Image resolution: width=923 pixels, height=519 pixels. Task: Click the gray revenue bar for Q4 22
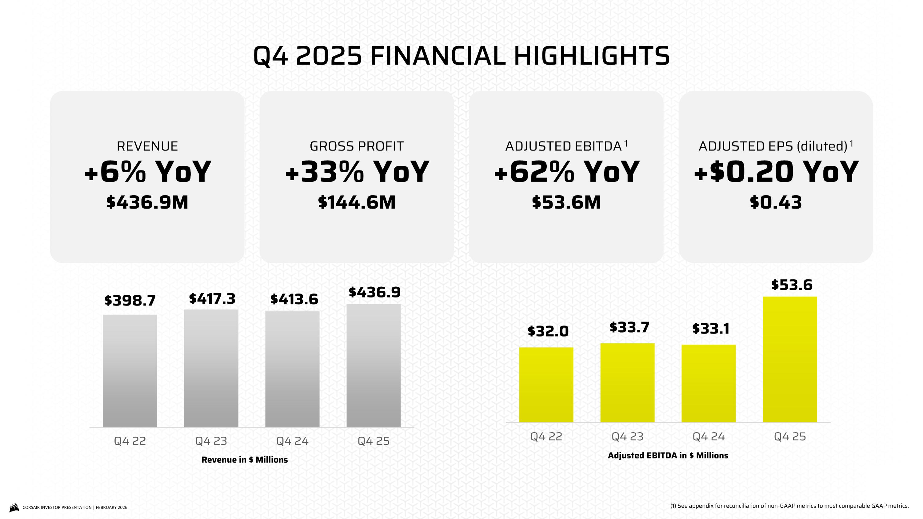pyautogui.click(x=130, y=371)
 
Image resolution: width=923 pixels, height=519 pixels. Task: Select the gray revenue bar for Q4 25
pyautogui.click(x=374, y=365)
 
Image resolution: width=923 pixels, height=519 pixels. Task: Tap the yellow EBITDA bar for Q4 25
pyautogui.click(x=790, y=359)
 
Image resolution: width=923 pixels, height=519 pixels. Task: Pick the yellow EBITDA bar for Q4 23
pyautogui.click(x=627, y=382)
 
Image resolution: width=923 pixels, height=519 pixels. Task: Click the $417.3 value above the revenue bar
pyautogui.click(x=212, y=298)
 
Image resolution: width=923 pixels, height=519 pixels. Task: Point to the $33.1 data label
pyautogui.click(x=710, y=329)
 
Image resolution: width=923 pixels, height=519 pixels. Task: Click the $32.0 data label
pyautogui.click(x=548, y=331)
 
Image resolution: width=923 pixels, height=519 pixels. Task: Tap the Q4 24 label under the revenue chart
pyautogui.click(x=292, y=441)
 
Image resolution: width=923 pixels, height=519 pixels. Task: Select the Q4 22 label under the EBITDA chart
pyautogui.click(x=546, y=437)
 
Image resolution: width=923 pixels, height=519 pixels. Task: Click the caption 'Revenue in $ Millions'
pyautogui.click(x=245, y=460)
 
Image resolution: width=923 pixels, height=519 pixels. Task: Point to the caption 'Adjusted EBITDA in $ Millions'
pyautogui.click(x=668, y=456)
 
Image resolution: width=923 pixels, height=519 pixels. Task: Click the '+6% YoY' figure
pyautogui.click(x=148, y=172)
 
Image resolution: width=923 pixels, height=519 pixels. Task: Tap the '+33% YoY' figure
pyautogui.click(x=357, y=172)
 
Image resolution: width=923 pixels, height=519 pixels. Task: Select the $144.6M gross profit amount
pyautogui.click(x=357, y=202)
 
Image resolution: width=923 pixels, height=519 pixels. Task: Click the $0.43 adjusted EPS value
pyautogui.click(x=776, y=202)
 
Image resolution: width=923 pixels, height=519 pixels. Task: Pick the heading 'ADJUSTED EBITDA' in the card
pyautogui.click(x=563, y=146)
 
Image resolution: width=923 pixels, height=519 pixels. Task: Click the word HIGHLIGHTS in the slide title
pyautogui.click(x=592, y=56)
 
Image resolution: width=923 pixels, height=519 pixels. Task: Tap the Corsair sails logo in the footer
pyautogui.click(x=14, y=507)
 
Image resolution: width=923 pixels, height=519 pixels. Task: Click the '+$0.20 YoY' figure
pyautogui.click(x=776, y=172)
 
